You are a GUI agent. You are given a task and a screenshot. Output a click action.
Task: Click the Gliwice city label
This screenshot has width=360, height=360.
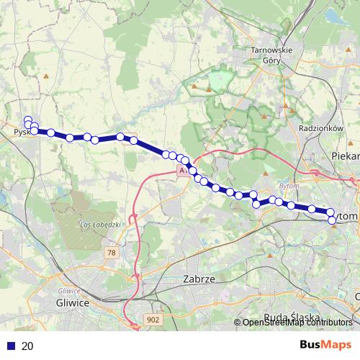coord(72,303)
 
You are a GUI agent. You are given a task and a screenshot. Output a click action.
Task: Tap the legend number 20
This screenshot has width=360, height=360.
coord(27,346)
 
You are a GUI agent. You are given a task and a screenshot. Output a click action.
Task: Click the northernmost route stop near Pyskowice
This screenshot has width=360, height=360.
coord(28,120)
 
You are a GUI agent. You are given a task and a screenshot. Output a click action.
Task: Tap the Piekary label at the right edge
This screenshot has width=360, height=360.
coord(345,155)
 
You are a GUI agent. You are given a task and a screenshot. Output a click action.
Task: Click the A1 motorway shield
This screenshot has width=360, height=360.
coord(182,172)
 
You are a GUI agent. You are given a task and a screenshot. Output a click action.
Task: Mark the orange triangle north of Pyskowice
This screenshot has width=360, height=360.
coord(47,76)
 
